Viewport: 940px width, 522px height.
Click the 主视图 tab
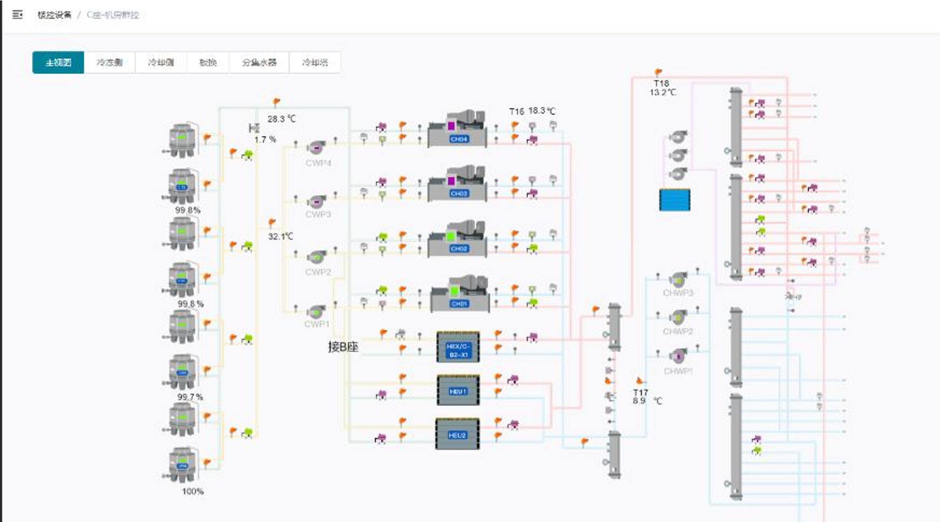pyautogui.click(x=58, y=63)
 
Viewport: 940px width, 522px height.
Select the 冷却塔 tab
pyautogui.click(x=314, y=63)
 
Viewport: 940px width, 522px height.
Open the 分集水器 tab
pyautogui.click(x=259, y=63)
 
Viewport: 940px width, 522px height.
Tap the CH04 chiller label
pyautogui.click(x=459, y=139)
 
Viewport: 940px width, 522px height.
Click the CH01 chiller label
pyautogui.click(x=459, y=304)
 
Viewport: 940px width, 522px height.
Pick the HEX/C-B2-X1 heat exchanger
pyautogui.click(x=458, y=347)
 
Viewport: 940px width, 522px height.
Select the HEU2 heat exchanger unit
pyautogui.click(x=457, y=435)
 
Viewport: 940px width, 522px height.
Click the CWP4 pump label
pyautogui.click(x=318, y=163)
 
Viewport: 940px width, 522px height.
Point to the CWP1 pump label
pyautogui.click(x=317, y=324)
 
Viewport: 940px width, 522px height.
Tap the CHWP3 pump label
pyautogui.click(x=678, y=293)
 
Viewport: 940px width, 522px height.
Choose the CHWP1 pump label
pyautogui.click(x=678, y=371)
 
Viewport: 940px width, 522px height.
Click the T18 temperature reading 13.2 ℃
pyautogui.click(x=663, y=92)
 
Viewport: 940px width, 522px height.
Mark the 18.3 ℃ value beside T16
pyautogui.click(x=541, y=111)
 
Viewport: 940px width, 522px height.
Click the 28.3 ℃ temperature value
pyautogui.click(x=282, y=119)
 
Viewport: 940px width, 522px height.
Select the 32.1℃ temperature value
pyautogui.click(x=280, y=236)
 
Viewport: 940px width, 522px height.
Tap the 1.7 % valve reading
pyautogui.click(x=265, y=140)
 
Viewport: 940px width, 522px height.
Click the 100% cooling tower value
pyautogui.click(x=193, y=491)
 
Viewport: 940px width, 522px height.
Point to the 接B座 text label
pyautogui.click(x=343, y=347)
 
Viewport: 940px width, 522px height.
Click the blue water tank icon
pyautogui.click(x=674, y=200)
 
